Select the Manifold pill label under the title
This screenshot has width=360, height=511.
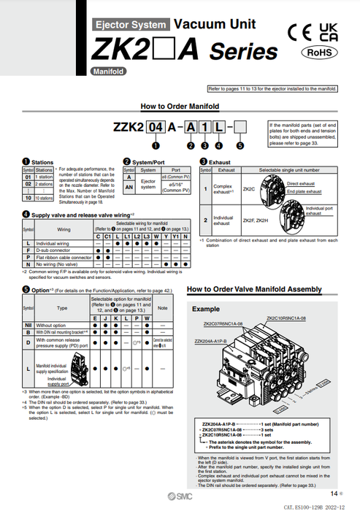coord(107,72)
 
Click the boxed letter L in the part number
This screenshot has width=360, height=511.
coord(218,126)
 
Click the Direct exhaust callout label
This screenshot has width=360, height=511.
coord(300,184)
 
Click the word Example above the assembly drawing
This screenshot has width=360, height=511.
coord(205,309)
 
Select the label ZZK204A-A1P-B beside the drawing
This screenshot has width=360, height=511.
coord(210,342)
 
